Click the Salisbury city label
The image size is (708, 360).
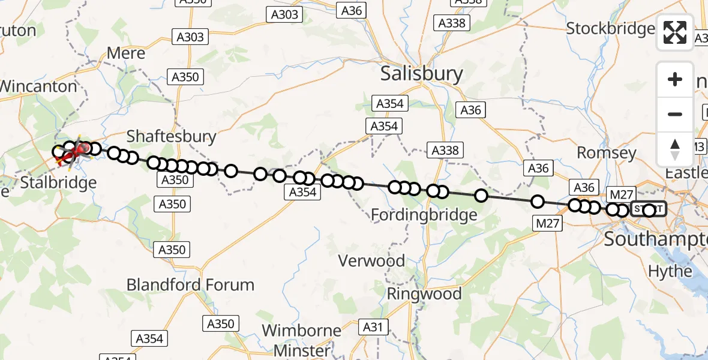pos(422,74)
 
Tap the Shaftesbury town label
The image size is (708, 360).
pos(172,136)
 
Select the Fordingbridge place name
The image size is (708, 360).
pos(424,214)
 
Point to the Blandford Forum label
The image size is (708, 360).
pos(190,284)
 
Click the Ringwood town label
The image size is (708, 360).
pos(424,294)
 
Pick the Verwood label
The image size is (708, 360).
pos(371,261)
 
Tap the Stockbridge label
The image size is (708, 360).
pos(610,28)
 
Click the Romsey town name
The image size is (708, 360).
pos(606,153)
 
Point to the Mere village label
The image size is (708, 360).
pos(126,53)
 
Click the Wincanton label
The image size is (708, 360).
pos(40,86)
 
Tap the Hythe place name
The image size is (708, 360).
pos(670,271)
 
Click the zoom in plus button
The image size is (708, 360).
pos(675,79)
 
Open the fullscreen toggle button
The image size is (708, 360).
pos(675,32)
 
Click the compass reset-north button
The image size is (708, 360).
pos(675,149)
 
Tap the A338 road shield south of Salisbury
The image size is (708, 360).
pos(445,151)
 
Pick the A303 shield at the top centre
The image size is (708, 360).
pos(284,14)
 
